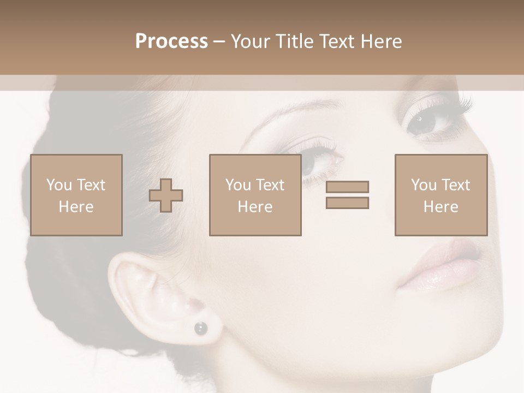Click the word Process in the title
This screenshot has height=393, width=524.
coord(171,41)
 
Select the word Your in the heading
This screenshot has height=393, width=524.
coord(251,41)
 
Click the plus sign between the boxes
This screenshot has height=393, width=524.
coord(166,195)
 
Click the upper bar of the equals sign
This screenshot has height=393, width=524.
coord(347,187)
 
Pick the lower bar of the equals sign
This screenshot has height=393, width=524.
coord(347,203)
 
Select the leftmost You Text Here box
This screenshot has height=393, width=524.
coord(76,195)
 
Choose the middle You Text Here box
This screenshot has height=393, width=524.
coord(255,195)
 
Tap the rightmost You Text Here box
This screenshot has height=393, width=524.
coord(440,195)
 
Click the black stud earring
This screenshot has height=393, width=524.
coord(201,327)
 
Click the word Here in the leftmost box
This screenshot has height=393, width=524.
coord(76,207)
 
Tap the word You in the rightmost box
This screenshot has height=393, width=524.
coord(424,185)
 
